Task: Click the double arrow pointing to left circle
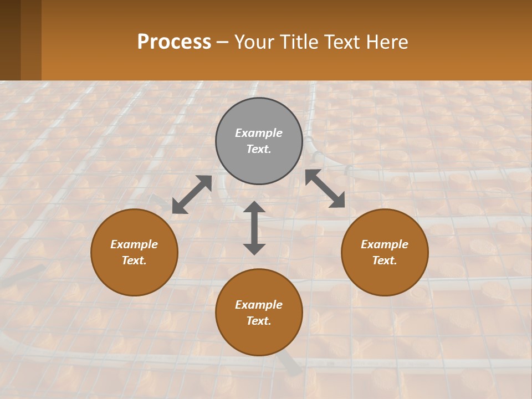pos(192,195)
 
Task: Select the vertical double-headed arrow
pos(254,228)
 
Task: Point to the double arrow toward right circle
pos(325,188)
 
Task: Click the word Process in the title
pos(174,42)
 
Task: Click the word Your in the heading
pos(254,42)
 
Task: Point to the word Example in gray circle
pos(259,133)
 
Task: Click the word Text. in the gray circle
pos(259,149)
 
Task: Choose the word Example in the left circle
pos(134,244)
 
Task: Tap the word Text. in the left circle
pos(134,260)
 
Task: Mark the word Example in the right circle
pos(385,244)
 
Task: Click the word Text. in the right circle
pos(385,260)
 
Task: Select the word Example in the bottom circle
pos(259,305)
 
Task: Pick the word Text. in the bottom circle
pos(259,321)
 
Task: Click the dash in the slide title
pos(223,43)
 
